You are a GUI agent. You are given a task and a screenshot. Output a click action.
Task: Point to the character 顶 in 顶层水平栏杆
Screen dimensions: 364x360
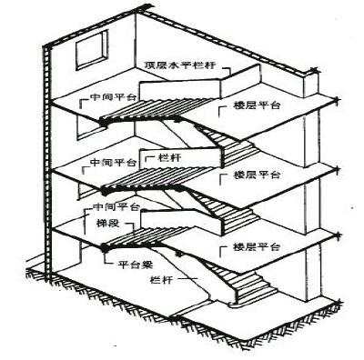(150, 65)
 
